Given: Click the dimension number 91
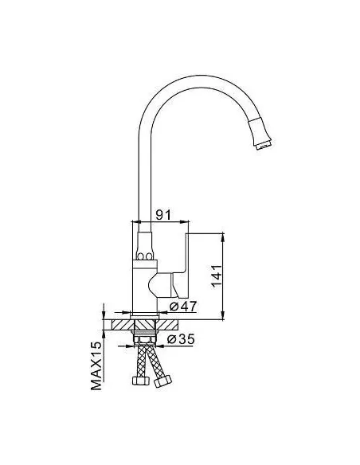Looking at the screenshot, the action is [x=163, y=214].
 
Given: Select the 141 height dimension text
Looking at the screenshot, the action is [x=217, y=275].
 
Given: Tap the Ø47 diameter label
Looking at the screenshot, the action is [x=183, y=306].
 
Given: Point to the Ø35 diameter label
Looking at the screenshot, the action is [x=181, y=339].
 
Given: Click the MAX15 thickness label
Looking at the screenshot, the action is [x=96, y=365].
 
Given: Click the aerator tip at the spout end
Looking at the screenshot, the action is [x=264, y=146].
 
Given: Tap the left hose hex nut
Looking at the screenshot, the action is [x=140, y=380].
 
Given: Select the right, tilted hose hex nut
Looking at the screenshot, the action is [x=163, y=381].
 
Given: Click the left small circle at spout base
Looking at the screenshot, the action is [x=140, y=256].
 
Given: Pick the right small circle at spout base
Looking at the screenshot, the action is [x=149, y=256].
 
